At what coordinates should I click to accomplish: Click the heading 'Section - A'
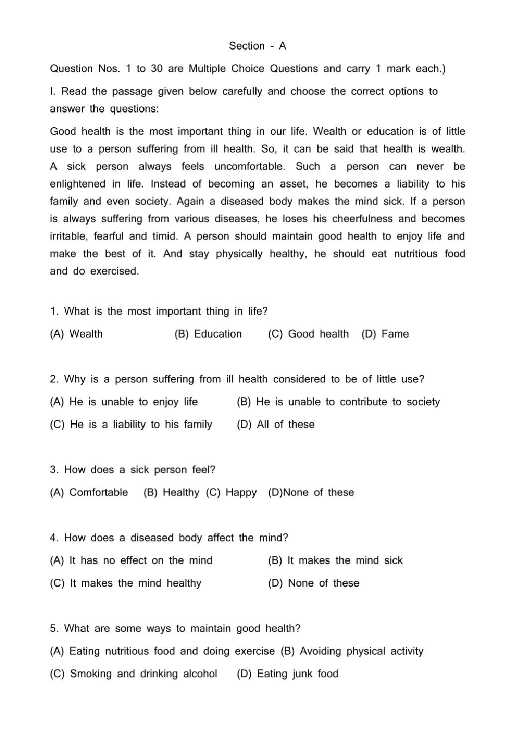click(x=257, y=46)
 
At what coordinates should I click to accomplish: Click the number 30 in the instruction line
click(x=157, y=69)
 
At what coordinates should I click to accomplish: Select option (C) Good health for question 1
click(x=308, y=334)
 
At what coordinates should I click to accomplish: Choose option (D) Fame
click(x=385, y=334)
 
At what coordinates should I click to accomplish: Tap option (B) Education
click(x=208, y=334)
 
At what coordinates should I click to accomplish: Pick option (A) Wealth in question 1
click(x=76, y=334)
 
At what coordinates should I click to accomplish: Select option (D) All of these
click(x=276, y=425)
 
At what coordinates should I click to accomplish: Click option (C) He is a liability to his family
click(x=131, y=425)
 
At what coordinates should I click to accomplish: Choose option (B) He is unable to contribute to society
click(x=338, y=402)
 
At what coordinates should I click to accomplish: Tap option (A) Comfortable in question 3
click(x=89, y=492)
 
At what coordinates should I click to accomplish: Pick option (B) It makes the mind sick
click(x=335, y=561)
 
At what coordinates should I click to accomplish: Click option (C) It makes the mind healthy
click(x=126, y=583)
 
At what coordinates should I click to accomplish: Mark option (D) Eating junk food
click(x=288, y=674)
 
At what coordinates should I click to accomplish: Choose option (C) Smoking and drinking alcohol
click(x=134, y=674)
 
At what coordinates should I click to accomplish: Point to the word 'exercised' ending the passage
click(x=114, y=271)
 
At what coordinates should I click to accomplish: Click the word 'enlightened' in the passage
click(x=78, y=184)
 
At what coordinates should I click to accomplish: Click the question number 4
click(x=54, y=538)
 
